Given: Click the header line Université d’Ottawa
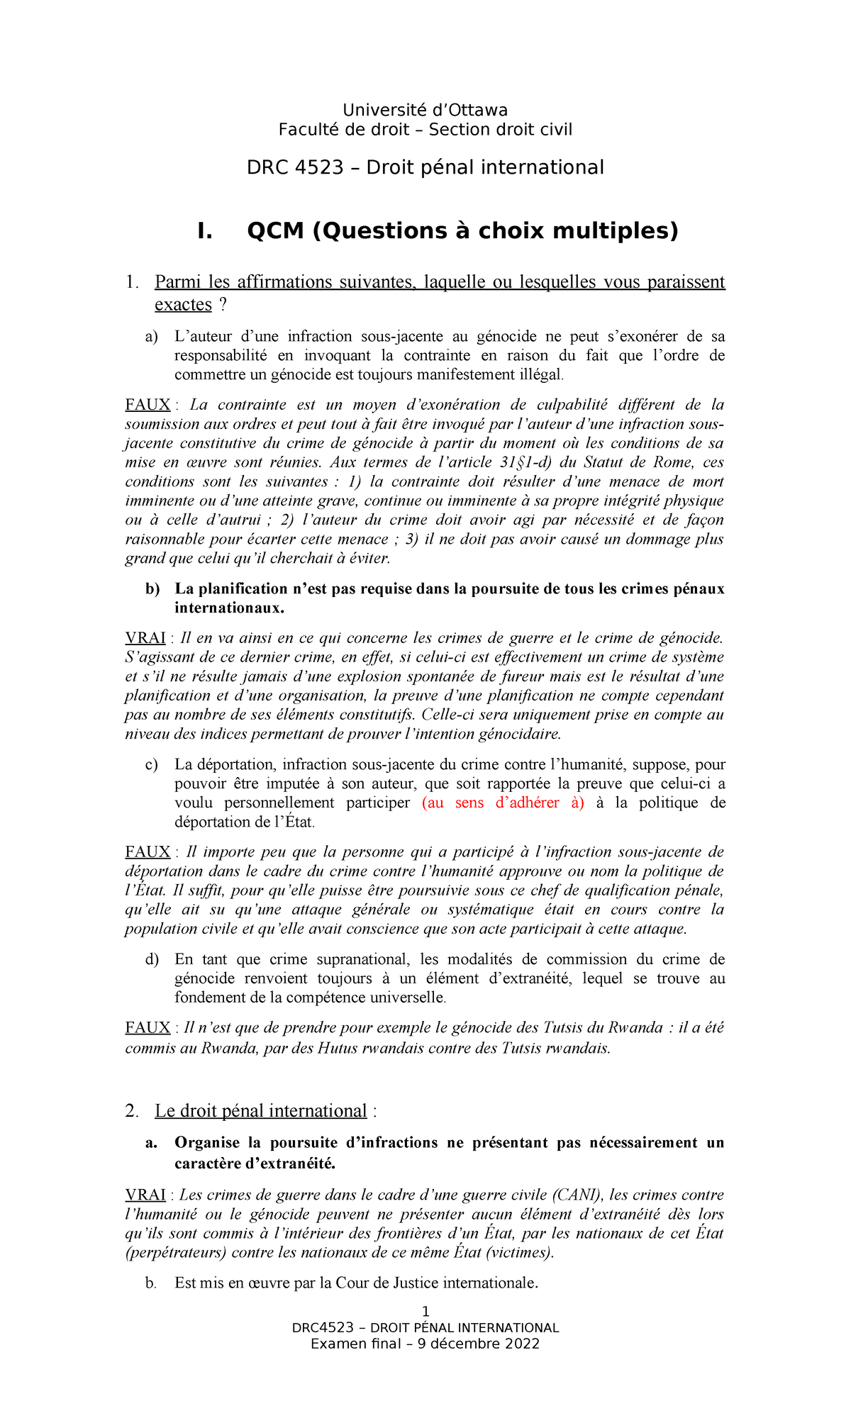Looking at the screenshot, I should [425, 110].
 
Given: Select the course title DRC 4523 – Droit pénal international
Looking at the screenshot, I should [425, 167].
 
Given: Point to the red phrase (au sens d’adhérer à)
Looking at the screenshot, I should [503, 803].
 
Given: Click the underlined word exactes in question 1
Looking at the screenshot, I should [183, 304].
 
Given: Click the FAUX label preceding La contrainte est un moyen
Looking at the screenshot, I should [148, 405].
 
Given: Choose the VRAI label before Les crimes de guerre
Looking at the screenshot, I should [145, 1195].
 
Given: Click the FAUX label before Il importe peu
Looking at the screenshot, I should [148, 852].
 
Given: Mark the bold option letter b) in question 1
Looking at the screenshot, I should [152, 588].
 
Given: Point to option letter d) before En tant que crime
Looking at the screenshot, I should [152, 959].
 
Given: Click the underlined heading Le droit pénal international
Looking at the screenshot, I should [261, 1110].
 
